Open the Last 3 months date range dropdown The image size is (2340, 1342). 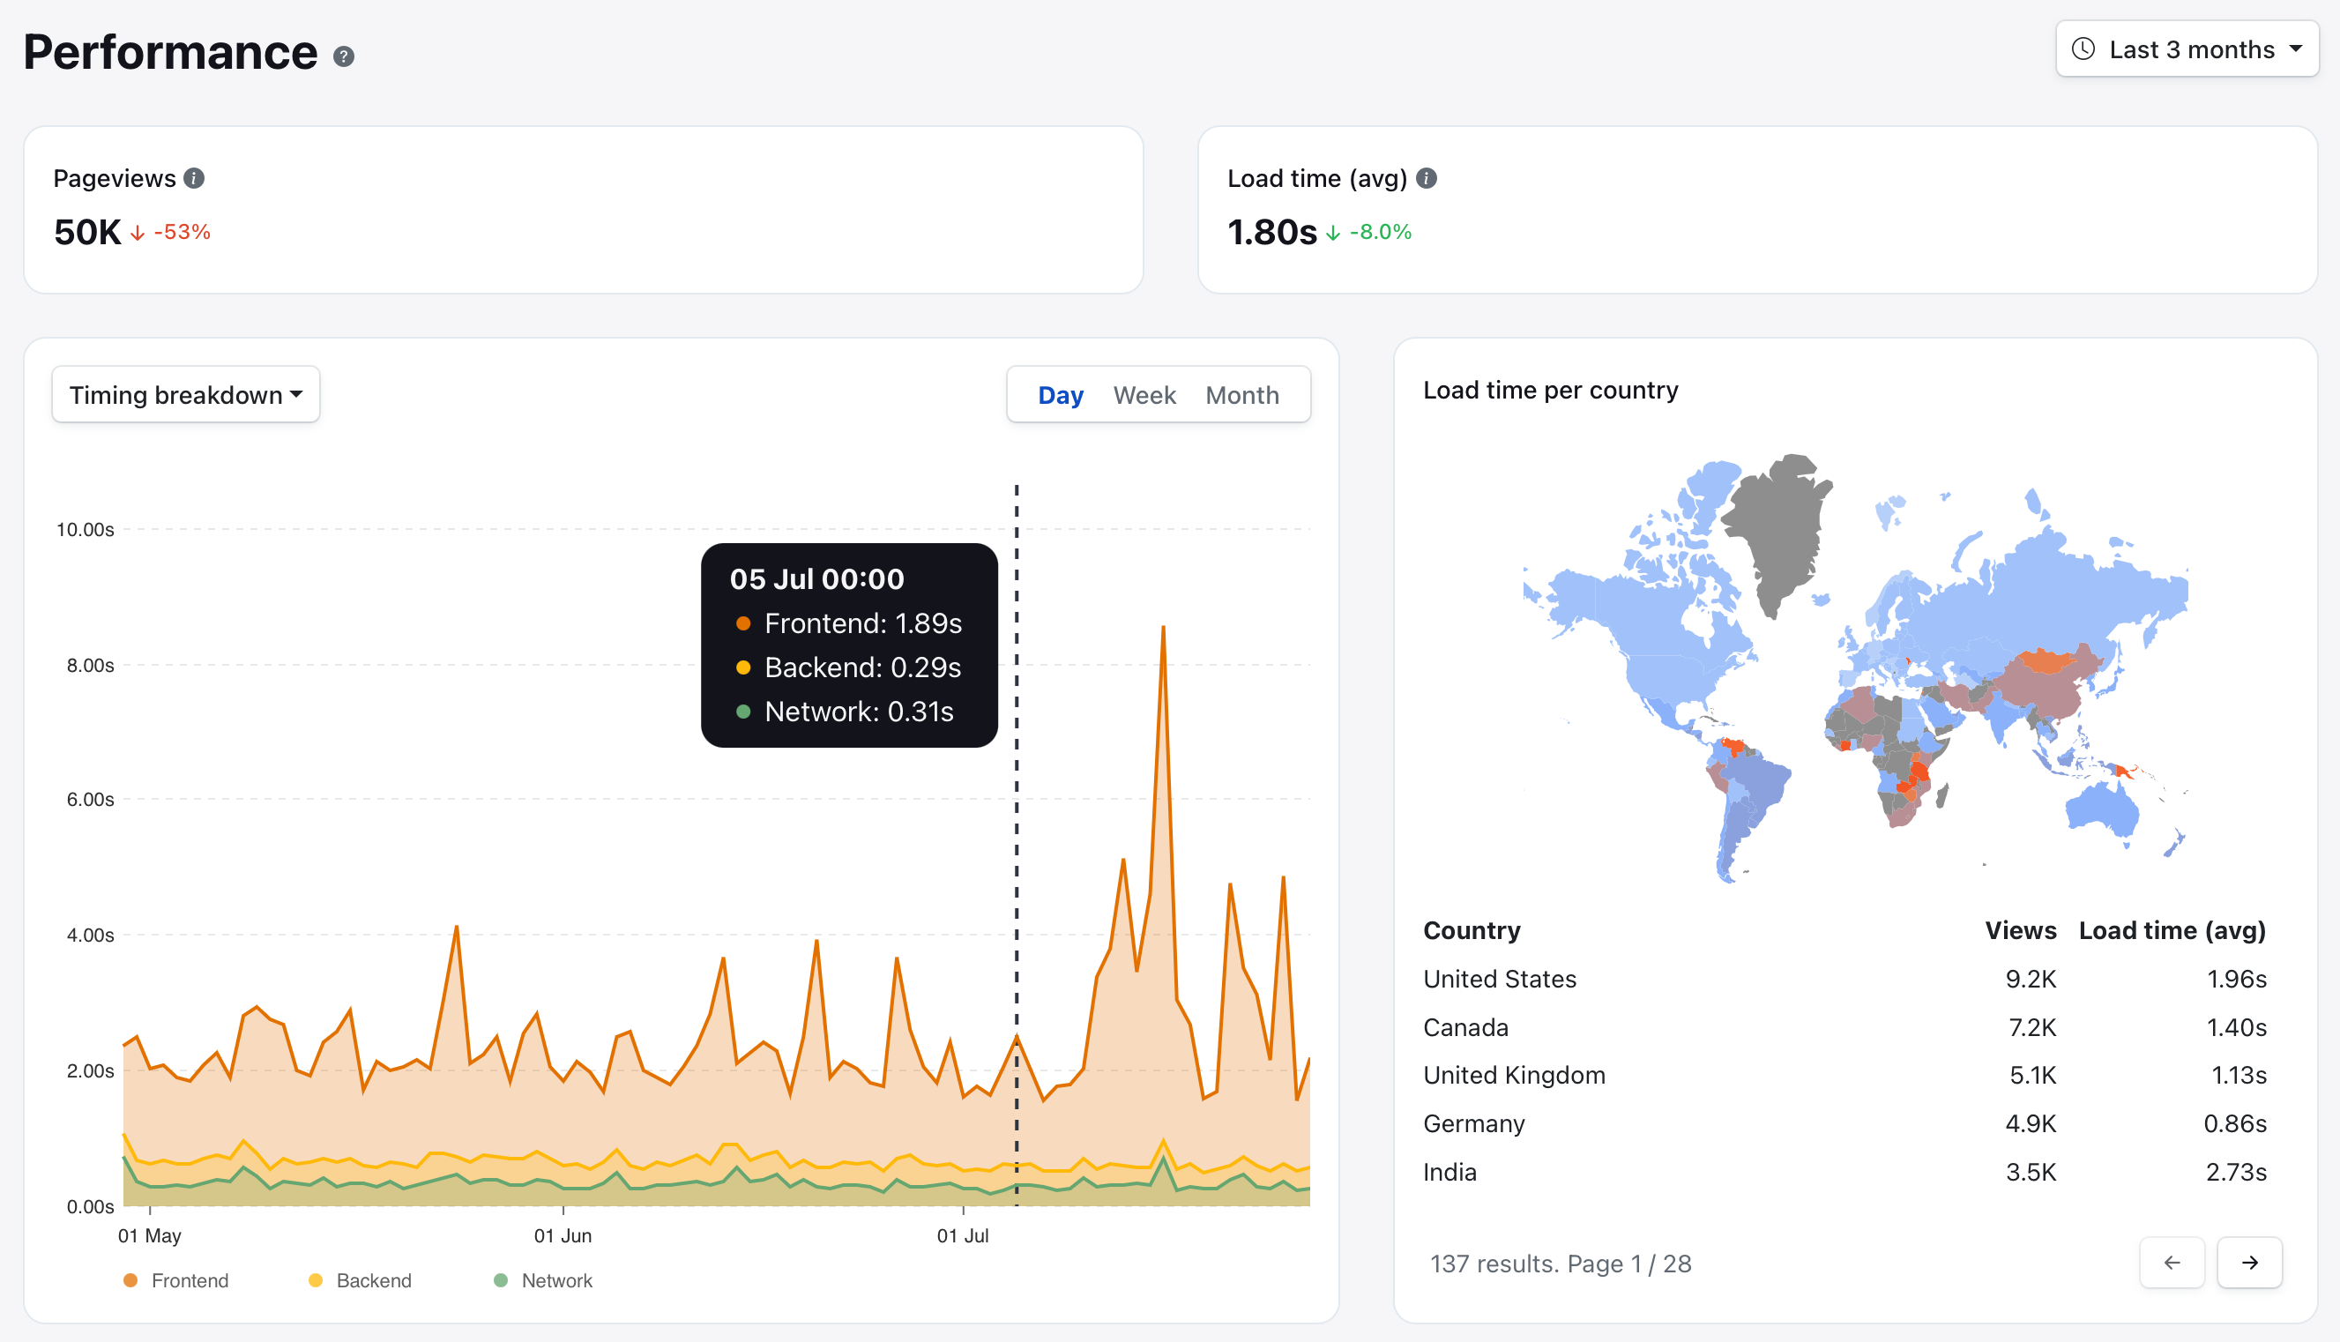click(x=2186, y=48)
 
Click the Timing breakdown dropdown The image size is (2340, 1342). click(x=186, y=394)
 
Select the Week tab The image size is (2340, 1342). click(x=1144, y=394)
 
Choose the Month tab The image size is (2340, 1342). click(x=1241, y=394)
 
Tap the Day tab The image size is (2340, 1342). click(x=1060, y=394)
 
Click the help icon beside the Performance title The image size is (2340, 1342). click(x=344, y=56)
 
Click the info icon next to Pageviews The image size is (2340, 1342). click(x=194, y=178)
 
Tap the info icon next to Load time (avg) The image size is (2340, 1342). click(x=1426, y=178)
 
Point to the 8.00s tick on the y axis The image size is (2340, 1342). click(x=90, y=665)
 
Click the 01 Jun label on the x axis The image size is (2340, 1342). click(x=563, y=1235)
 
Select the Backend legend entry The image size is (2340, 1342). click(x=361, y=1280)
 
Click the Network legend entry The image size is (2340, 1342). click(x=544, y=1280)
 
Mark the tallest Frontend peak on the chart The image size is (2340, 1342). click(x=1163, y=628)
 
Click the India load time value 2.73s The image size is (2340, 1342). click(x=2235, y=1172)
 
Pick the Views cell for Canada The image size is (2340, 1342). click(x=2032, y=1026)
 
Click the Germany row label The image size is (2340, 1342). click(x=1473, y=1123)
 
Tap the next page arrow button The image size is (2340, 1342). click(x=2249, y=1262)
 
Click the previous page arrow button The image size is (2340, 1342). click(x=2172, y=1262)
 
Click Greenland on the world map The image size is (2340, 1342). click(x=1778, y=526)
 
